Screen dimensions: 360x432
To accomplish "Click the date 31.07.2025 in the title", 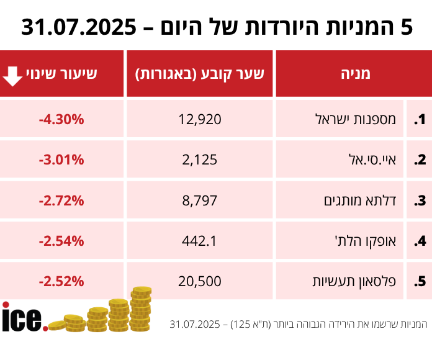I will click(x=79, y=28).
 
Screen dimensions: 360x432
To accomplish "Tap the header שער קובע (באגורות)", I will click(x=200, y=74).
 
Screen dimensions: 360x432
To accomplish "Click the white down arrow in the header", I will click(x=13, y=74).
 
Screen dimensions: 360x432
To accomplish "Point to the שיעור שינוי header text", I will click(x=70, y=74).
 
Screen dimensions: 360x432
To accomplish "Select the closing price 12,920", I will click(x=200, y=119).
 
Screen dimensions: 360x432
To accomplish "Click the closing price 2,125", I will click(x=200, y=160).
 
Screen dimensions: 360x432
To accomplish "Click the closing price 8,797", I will click(x=200, y=200).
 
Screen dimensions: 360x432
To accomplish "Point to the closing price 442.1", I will click(x=200, y=241).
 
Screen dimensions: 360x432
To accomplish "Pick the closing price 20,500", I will click(x=200, y=281).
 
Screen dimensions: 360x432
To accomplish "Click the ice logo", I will click(x=24, y=317).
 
